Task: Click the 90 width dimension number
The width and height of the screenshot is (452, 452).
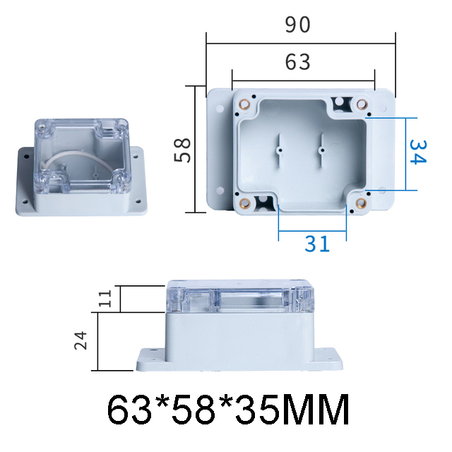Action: pyautogui.click(x=298, y=25)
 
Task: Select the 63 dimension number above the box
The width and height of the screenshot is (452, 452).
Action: pyautogui.click(x=298, y=63)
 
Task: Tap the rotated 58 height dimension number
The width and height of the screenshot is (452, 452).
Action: pyautogui.click(x=183, y=150)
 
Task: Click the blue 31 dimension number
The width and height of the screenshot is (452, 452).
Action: pyautogui.click(x=317, y=244)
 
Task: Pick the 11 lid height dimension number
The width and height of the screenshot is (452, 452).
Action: pyautogui.click(x=105, y=299)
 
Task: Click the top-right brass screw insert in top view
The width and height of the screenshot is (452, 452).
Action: pyautogui.click(x=362, y=105)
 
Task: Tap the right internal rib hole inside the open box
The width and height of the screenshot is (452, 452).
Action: pyautogui.click(x=322, y=149)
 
